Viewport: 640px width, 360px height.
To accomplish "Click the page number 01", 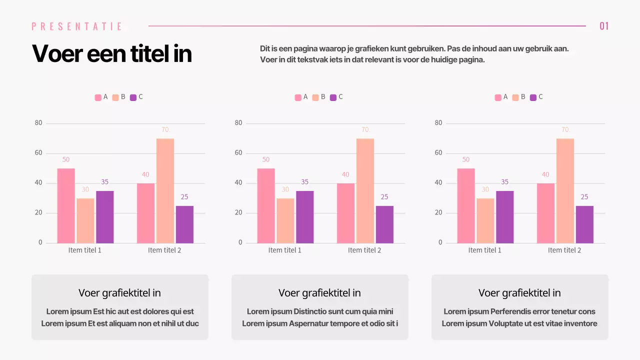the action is (x=604, y=26).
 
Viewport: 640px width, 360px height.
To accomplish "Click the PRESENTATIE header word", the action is (x=77, y=26).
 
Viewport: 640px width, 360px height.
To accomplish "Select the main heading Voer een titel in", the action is (x=112, y=53).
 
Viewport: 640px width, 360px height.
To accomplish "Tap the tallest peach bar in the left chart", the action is (x=165, y=190).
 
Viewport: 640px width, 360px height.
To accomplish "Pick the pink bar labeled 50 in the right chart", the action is (x=465, y=205).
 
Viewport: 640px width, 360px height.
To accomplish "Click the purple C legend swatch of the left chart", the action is (x=133, y=97).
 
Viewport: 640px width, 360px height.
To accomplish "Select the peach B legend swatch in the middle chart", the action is (x=315, y=97).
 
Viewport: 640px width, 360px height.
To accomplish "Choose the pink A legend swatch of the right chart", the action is (x=498, y=97).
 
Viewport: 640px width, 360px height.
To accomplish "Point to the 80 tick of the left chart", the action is (x=38, y=123).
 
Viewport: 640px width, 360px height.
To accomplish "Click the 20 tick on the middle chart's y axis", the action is (x=238, y=213).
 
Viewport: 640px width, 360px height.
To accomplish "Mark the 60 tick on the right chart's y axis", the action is (x=438, y=153).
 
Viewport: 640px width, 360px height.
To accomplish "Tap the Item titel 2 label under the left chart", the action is (x=164, y=250).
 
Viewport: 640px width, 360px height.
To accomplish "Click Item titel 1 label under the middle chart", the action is (x=284, y=250).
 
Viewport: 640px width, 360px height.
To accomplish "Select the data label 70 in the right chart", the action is (x=565, y=129).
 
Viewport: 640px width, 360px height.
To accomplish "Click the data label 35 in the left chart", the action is (x=105, y=182).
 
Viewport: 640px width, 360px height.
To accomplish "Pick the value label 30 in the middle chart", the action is (x=285, y=189).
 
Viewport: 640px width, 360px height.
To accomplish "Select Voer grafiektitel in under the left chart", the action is (x=119, y=293).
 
